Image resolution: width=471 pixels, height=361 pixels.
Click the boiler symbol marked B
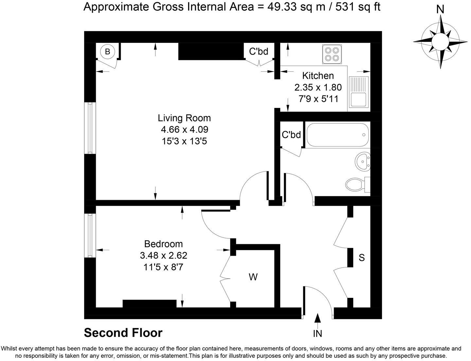point(107,51)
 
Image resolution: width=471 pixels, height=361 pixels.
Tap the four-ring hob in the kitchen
point(331,54)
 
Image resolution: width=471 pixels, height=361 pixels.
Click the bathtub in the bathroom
point(337,135)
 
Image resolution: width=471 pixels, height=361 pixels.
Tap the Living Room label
point(184,118)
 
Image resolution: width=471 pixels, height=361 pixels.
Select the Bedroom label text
point(163,244)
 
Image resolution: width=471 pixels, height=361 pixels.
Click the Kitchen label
point(318,76)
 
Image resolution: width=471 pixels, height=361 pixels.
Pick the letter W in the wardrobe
point(253,277)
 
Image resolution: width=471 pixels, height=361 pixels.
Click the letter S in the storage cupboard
point(361,258)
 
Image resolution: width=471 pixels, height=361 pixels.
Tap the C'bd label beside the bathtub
point(291,135)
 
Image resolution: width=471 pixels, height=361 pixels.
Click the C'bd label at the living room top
point(258,51)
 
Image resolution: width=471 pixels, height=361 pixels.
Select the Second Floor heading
point(123,333)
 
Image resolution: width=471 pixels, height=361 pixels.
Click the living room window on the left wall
point(90,128)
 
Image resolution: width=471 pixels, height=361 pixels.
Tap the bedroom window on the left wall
point(90,235)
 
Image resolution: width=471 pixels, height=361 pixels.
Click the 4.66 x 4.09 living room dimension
point(184,129)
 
